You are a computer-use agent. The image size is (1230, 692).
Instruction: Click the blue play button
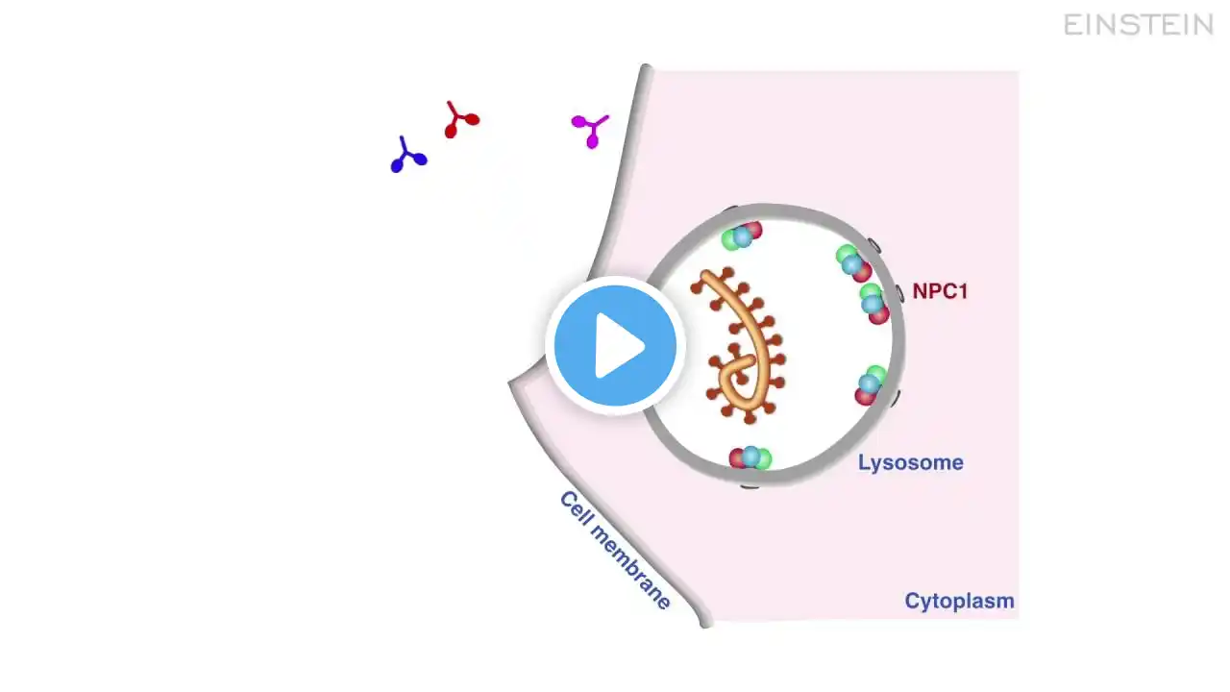point(615,345)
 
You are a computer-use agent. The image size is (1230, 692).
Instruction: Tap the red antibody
point(460,120)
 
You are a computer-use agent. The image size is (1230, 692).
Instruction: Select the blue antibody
point(408,156)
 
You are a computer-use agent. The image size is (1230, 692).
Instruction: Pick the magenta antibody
point(590,130)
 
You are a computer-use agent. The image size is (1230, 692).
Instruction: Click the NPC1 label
point(939,291)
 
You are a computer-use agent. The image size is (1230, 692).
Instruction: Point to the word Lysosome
point(910,463)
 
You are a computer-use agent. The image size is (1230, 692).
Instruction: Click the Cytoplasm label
point(959,602)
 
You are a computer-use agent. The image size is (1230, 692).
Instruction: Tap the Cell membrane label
point(615,551)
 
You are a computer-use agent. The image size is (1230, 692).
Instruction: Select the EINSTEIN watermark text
point(1139,25)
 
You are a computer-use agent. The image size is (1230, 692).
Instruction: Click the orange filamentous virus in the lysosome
point(745,336)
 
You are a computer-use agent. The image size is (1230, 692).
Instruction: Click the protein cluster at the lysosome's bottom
point(750,458)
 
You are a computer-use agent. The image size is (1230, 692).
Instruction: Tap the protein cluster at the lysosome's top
point(741,235)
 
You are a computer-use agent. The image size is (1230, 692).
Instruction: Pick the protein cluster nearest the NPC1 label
point(873,304)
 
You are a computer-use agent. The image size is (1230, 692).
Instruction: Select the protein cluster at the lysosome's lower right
point(870,385)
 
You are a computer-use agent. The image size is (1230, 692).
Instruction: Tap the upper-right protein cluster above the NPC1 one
point(852,263)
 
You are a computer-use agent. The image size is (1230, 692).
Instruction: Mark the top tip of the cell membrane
point(646,69)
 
